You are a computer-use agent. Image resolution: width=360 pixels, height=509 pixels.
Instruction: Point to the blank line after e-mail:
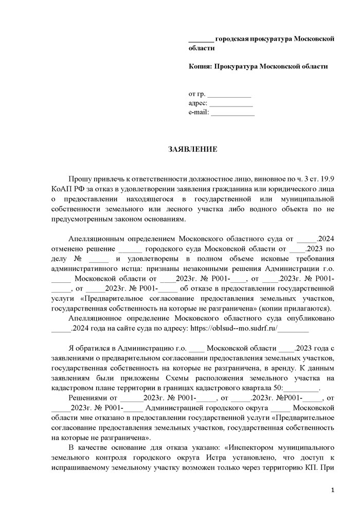pyautogui.click(x=232, y=113)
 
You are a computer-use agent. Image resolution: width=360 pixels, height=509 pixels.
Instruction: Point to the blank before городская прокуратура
pyautogui.click(x=201, y=39)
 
